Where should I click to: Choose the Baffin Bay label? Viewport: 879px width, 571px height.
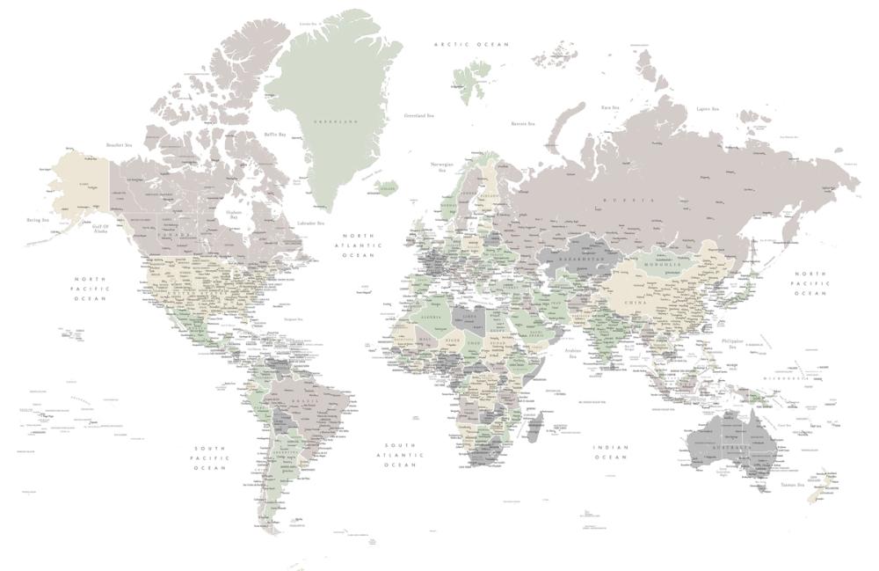275,135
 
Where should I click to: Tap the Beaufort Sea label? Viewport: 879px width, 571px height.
119,145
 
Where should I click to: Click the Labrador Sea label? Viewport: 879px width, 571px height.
311,223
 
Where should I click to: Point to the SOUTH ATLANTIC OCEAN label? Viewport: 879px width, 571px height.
400,454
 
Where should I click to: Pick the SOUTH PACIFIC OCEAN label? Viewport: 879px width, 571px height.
211,458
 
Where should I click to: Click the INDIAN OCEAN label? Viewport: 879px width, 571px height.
611,451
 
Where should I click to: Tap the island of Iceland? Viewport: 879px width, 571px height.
385,188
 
